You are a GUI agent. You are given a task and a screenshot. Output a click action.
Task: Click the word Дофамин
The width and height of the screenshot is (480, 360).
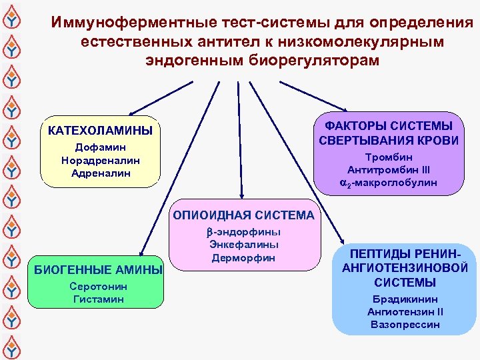click(100, 147)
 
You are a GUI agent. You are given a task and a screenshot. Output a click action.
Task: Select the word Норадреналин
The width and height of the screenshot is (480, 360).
click(100, 160)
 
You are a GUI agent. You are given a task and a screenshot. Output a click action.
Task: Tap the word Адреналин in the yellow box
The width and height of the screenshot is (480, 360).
click(100, 173)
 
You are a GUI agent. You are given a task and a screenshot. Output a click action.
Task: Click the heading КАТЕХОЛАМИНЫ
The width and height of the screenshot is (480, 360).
click(100, 130)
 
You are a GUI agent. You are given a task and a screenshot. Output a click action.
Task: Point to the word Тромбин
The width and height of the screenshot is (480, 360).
click(389, 157)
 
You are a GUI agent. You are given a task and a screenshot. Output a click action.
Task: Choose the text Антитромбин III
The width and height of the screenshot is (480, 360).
click(389, 169)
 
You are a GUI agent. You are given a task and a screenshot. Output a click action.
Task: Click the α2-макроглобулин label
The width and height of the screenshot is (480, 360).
click(389, 182)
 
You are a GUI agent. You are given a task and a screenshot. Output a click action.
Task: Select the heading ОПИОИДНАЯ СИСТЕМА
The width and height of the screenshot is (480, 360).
click(244, 215)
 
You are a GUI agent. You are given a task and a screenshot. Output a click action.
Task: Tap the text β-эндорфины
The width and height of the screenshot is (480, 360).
click(243, 232)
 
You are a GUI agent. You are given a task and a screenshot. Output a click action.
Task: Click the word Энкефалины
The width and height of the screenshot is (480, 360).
click(243, 245)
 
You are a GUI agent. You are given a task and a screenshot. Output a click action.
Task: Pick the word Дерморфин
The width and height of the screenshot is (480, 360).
click(243, 257)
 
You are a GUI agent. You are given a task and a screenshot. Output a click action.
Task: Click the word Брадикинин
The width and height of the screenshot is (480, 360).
click(405, 299)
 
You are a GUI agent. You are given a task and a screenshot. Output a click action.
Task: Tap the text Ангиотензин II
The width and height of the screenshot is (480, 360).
click(405, 312)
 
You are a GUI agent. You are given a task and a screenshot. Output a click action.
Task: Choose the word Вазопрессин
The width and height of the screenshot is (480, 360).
click(405, 325)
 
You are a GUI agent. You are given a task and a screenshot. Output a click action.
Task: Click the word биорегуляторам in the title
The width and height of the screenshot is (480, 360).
click(313, 60)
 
